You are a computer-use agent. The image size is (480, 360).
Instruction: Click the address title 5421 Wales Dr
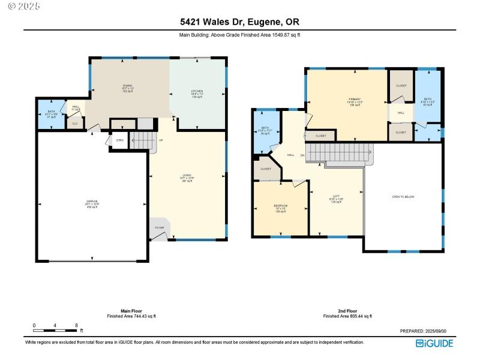[x=240, y=22]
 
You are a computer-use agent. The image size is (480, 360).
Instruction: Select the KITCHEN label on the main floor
[x=197, y=92]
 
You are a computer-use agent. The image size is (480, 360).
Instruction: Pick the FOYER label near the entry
[x=160, y=228]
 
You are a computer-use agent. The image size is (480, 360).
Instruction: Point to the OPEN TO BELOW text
[x=403, y=197]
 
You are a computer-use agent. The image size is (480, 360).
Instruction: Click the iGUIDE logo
[x=435, y=343]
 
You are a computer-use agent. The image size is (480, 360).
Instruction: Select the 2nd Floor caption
[x=347, y=311]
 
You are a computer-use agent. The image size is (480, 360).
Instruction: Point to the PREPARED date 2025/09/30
[x=427, y=331]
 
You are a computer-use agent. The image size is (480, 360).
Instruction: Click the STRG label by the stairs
[x=119, y=140]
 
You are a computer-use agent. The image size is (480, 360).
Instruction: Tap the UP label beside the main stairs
[x=160, y=141]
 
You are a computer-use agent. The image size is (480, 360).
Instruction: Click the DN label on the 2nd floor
[x=302, y=155]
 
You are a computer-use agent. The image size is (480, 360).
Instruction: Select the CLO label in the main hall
[x=75, y=124]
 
